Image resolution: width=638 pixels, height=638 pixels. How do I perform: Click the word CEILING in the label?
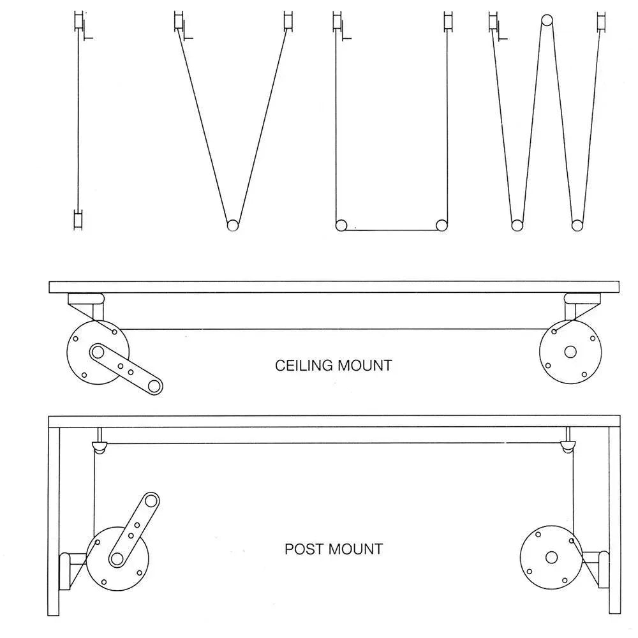(x=303, y=366)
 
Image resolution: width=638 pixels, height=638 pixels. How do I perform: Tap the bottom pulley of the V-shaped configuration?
(x=232, y=225)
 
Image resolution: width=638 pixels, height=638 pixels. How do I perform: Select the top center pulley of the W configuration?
(x=546, y=19)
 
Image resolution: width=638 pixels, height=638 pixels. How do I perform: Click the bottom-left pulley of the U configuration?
(x=341, y=225)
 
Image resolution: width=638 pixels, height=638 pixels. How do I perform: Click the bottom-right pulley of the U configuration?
(x=441, y=225)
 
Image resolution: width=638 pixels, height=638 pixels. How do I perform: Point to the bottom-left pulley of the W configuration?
(x=516, y=225)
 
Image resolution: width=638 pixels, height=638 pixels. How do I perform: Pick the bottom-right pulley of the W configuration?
(x=577, y=225)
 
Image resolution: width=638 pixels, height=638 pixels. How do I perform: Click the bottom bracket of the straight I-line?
(x=78, y=220)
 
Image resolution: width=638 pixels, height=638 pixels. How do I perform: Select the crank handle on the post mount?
(x=133, y=529)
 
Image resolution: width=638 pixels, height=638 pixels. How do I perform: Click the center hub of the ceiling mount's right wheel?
(x=570, y=352)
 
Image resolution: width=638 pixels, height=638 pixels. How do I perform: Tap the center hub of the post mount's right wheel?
(x=551, y=557)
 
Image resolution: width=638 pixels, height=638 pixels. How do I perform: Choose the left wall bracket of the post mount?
(x=64, y=570)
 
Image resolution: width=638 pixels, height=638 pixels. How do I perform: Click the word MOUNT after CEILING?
(x=364, y=366)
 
